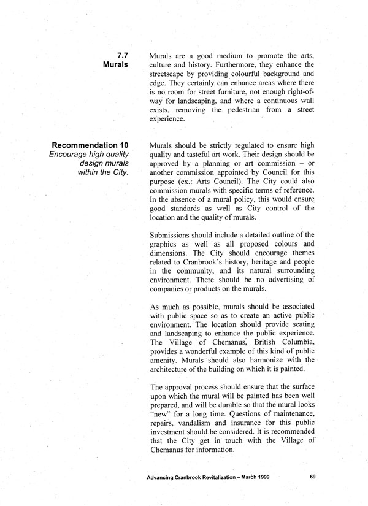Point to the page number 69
312,476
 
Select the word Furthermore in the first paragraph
228,64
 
